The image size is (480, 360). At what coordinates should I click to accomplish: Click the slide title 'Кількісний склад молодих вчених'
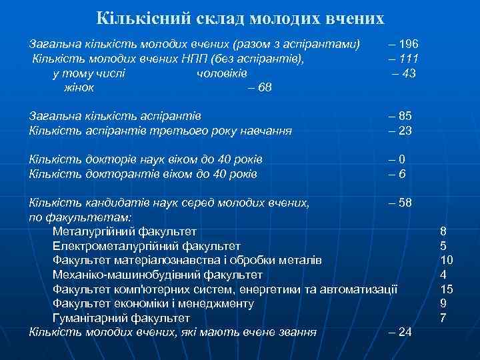241,18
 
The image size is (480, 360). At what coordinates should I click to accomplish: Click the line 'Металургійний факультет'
125,232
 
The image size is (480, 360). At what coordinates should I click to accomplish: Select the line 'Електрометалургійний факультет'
147,246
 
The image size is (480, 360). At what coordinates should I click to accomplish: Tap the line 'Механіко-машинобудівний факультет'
157,275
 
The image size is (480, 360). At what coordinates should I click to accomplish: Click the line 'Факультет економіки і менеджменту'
153,303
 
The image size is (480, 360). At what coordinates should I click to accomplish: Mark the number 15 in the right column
447,289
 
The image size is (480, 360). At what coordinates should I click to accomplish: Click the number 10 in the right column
447,260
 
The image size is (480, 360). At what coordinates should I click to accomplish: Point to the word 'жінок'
78,88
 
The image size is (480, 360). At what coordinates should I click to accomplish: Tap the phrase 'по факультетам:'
81,217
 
